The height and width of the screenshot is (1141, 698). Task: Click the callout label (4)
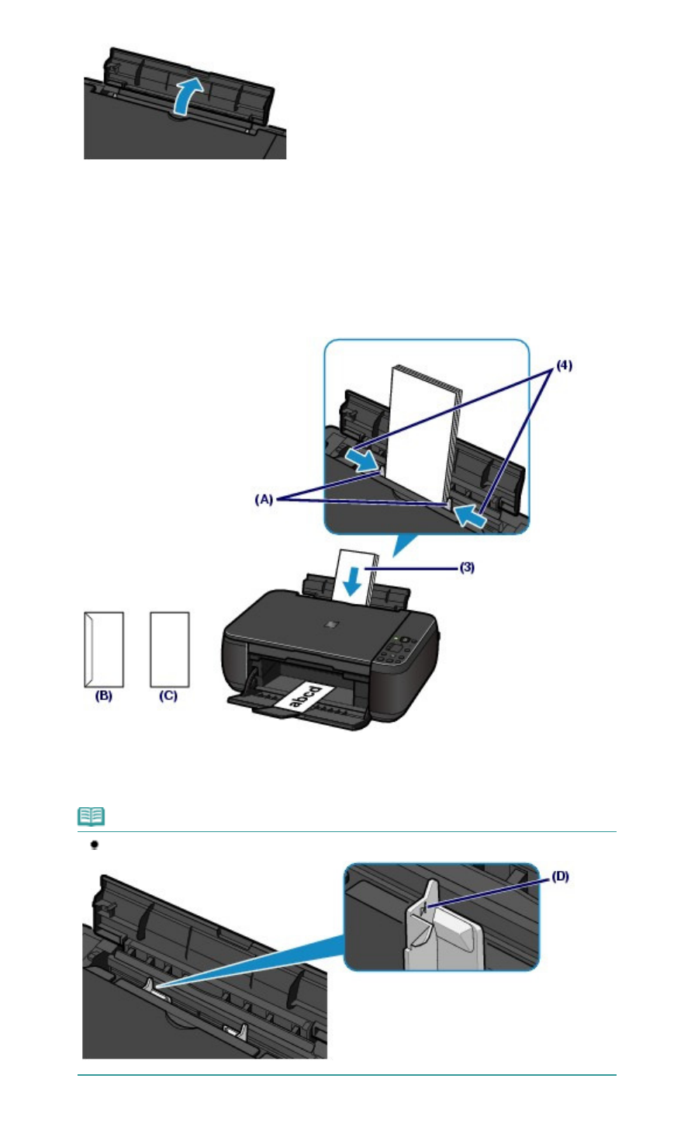pos(563,364)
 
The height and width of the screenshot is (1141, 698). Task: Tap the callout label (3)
pos(467,567)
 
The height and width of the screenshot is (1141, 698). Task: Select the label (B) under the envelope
pos(103,696)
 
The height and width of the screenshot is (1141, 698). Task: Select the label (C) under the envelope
pos(168,696)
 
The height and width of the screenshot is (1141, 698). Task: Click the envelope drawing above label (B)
pos(103,649)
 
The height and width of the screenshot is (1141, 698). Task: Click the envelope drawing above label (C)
pos(169,649)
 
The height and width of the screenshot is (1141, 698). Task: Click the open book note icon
pos(92,817)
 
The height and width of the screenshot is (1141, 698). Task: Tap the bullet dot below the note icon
pos(95,844)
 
